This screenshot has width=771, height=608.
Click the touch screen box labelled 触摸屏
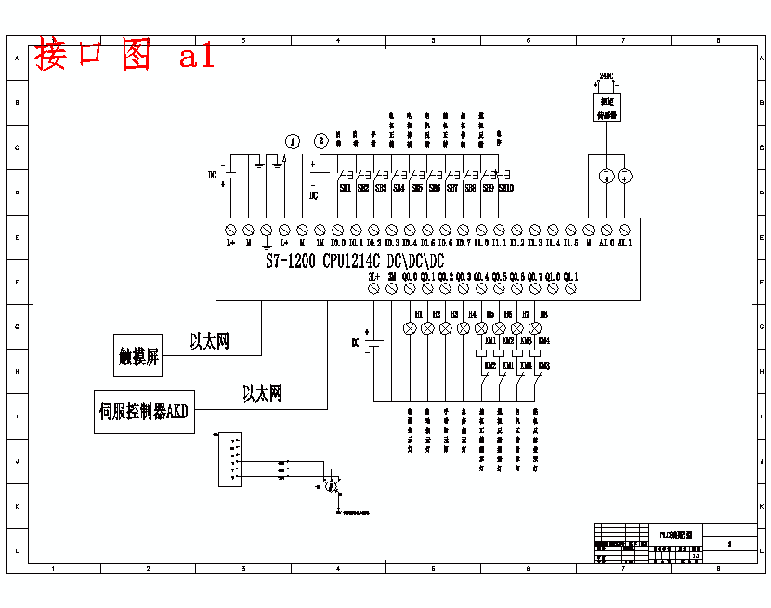tap(138, 354)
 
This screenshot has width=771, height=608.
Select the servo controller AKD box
tap(144, 412)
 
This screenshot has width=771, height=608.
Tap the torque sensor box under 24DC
tap(608, 107)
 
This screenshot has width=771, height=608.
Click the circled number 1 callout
tap(293, 141)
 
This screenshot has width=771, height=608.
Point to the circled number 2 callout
tap(321, 141)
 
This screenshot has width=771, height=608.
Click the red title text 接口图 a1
tap(124, 56)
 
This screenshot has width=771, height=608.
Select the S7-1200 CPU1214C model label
tap(355, 261)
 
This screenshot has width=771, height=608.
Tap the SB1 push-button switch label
tap(346, 188)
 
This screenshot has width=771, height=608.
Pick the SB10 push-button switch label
tap(506, 188)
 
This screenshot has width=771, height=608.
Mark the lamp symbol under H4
tap(464, 328)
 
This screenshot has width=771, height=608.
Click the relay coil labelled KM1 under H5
tap(481, 353)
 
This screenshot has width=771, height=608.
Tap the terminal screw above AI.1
tap(624, 229)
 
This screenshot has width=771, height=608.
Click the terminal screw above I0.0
tap(337, 229)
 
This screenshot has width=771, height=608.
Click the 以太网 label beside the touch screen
tap(210, 342)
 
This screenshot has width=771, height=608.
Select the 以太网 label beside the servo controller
tap(262, 394)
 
